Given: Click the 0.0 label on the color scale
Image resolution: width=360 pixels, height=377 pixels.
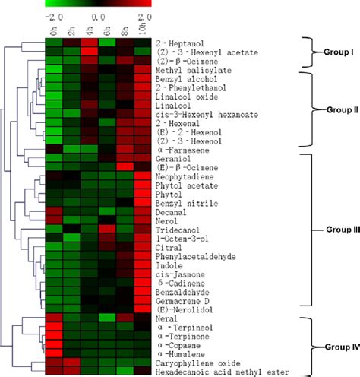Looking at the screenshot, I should pos(99,14).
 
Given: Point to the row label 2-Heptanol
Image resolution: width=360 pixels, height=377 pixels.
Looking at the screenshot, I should pos(177,43).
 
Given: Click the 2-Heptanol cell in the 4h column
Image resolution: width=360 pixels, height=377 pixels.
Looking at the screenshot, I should pos(89,43).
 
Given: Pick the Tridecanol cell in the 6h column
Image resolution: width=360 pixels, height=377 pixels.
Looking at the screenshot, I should pos(107,230).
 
